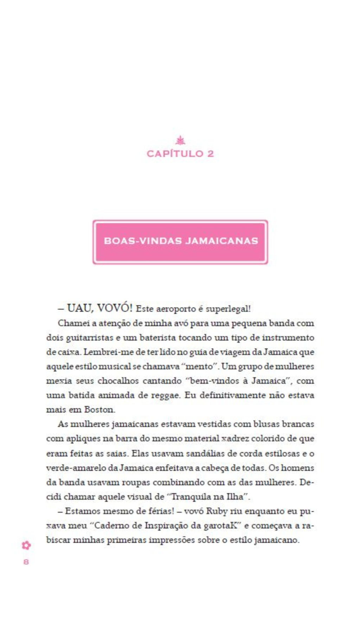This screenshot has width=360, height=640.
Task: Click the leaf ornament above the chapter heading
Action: tap(180, 141)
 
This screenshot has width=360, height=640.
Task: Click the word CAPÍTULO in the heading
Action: tap(175, 154)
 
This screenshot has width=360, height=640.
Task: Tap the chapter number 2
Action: tap(211, 154)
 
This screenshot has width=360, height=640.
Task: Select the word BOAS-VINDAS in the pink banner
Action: tap(143, 241)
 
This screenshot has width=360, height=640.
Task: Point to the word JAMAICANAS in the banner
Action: tap(221, 241)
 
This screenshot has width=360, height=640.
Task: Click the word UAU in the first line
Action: tap(79, 308)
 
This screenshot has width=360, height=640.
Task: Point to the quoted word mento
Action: tap(200, 366)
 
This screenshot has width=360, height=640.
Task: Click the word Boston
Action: tap(100, 410)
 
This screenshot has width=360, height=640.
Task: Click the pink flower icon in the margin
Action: tap(26, 545)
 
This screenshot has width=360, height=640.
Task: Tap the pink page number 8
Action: tap(26, 562)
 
